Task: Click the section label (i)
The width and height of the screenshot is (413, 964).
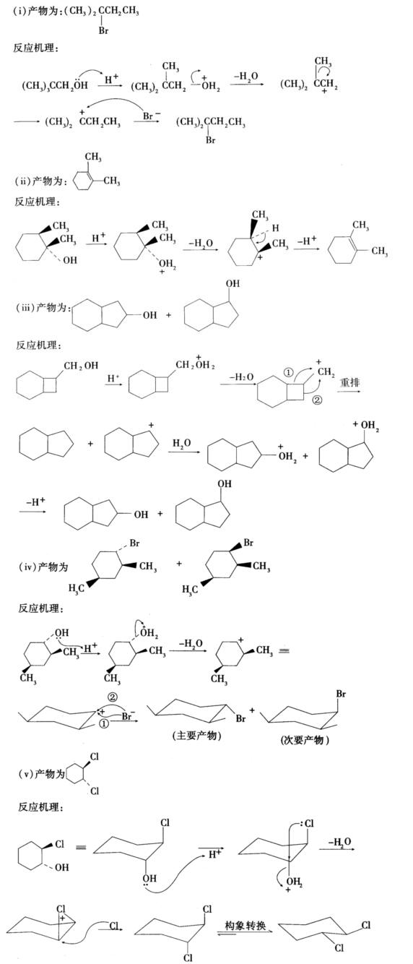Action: point(19,11)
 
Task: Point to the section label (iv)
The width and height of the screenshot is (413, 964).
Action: point(27,567)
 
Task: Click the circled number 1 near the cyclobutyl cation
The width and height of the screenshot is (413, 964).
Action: point(288,373)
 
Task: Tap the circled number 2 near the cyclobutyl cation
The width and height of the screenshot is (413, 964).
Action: point(317,400)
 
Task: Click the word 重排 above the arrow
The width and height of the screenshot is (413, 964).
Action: point(349,382)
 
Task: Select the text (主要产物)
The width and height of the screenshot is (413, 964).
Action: point(196,736)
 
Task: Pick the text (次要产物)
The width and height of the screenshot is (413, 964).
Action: point(305,740)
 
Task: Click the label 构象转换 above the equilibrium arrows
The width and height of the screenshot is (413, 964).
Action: point(245,925)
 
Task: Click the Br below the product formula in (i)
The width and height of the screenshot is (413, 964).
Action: point(103,30)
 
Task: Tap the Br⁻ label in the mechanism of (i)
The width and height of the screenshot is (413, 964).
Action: point(152,116)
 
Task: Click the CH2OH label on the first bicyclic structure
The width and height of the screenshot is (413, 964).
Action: point(81,366)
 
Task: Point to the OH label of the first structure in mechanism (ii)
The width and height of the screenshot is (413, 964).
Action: point(70,260)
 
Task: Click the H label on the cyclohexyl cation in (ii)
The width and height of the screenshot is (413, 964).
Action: point(275,228)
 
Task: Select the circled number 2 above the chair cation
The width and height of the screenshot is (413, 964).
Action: point(113,697)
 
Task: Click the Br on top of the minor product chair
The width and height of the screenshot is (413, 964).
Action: point(341,694)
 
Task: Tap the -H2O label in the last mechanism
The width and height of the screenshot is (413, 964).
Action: point(340,842)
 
